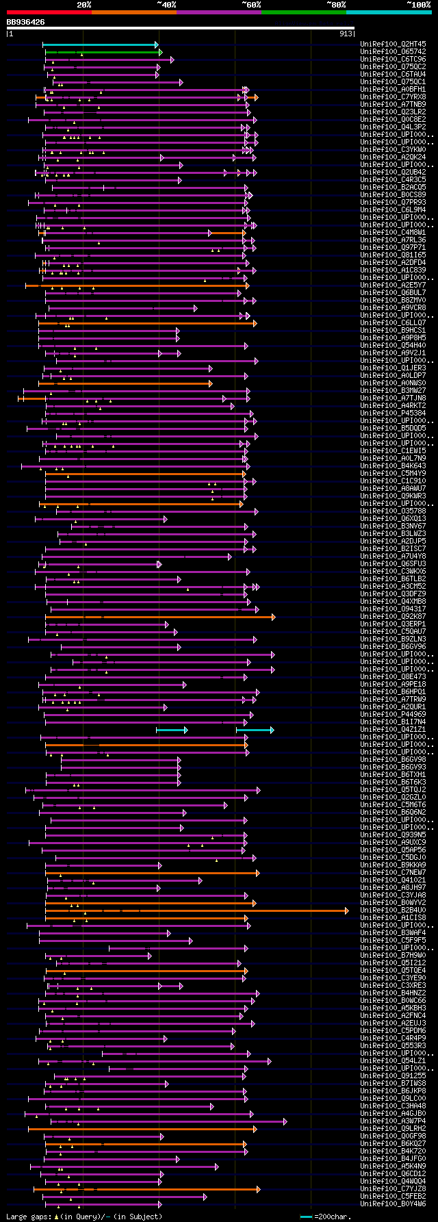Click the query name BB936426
tap(26, 22)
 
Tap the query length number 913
tap(346, 34)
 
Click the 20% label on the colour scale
tap(84, 5)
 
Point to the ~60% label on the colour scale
tap(250, 5)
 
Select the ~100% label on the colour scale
tap(418, 5)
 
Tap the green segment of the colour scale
tap(303, 12)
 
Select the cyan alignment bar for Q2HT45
tap(100, 44)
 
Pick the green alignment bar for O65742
tap(103, 52)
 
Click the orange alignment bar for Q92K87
tap(157, 617)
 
